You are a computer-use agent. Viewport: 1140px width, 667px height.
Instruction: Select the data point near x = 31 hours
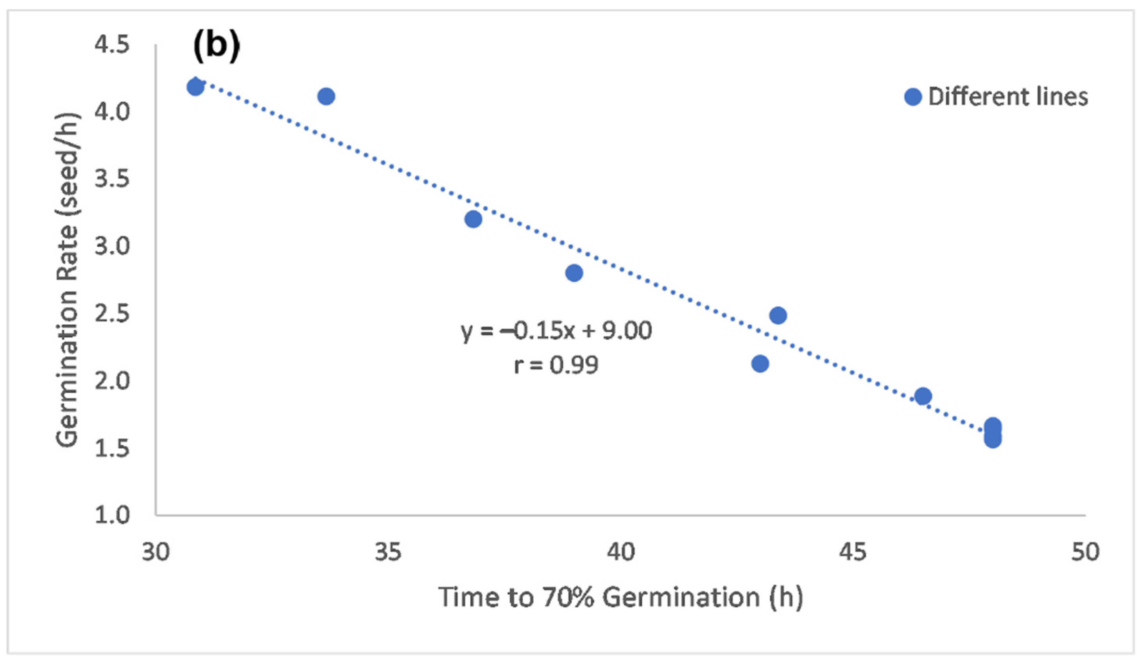tap(195, 87)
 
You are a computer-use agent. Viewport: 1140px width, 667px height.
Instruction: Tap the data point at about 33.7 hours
tap(326, 97)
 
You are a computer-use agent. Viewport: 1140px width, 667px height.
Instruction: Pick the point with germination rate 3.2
tap(473, 219)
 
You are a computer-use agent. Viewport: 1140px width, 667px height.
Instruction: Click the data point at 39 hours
tap(574, 273)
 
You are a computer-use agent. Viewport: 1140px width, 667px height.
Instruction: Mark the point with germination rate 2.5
tap(778, 315)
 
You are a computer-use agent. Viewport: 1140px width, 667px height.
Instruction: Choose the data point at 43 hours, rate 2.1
tap(760, 363)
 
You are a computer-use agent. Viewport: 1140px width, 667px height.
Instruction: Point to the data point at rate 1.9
tap(923, 396)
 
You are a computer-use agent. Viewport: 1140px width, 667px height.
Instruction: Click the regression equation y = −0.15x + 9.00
tap(556, 331)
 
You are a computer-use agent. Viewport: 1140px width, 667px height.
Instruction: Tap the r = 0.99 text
tap(556, 365)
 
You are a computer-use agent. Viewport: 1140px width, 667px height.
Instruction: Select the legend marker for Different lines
tap(913, 97)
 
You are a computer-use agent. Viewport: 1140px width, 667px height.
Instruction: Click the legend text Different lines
tap(1008, 97)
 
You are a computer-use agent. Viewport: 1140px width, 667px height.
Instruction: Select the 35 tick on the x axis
tap(388, 552)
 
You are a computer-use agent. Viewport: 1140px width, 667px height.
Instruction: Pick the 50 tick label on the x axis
tap(1085, 552)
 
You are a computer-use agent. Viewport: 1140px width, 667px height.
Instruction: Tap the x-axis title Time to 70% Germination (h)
tap(620, 597)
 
